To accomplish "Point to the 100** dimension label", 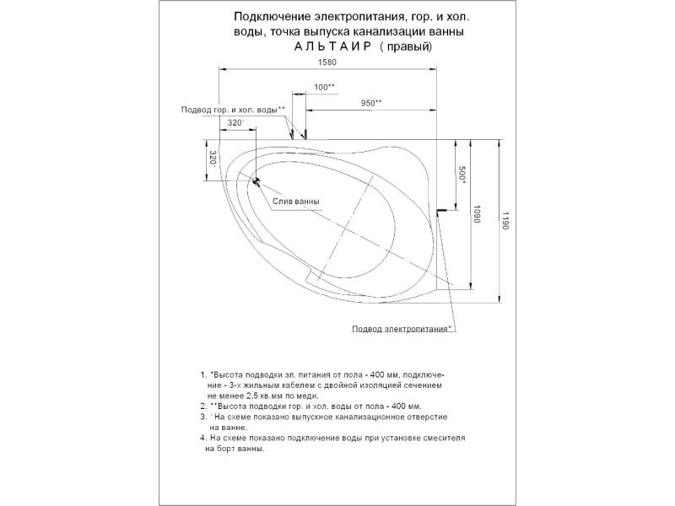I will click(324, 88).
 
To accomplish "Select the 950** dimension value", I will click(371, 103).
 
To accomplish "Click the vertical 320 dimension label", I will click(213, 159).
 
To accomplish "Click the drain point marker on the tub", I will click(252, 180).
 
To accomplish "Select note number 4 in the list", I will click(202, 439).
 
